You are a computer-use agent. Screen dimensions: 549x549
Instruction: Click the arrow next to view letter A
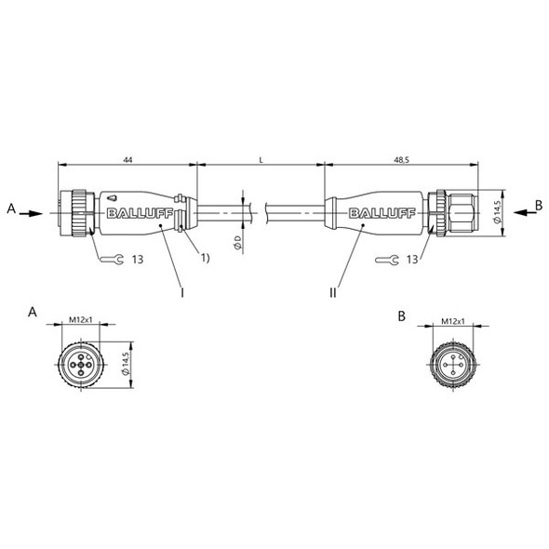point(32,212)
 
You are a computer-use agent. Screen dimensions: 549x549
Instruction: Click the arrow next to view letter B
point(518,212)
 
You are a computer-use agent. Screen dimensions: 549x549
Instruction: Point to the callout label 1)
point(205,258)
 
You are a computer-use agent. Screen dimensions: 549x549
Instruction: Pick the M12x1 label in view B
point(453,319)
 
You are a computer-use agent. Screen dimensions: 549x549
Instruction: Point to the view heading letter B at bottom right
point(402,316)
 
